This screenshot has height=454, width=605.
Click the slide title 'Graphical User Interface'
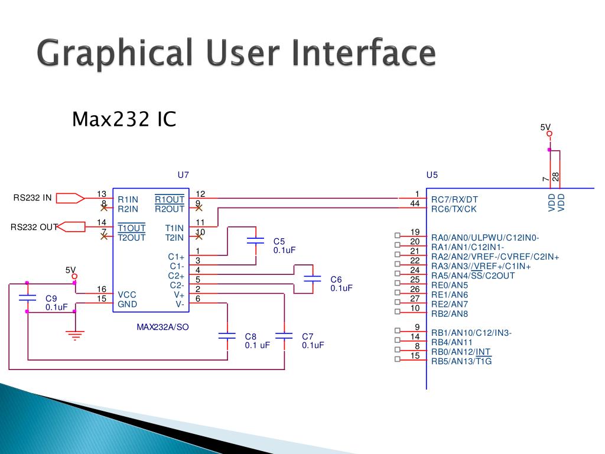point(236,53)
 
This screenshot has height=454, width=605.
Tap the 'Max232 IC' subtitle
point(124,119)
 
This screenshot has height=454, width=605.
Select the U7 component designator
point(183,175)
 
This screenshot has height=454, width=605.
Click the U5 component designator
point(432,175)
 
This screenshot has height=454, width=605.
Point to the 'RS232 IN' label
point(32,197)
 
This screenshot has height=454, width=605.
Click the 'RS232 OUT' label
point(34,227)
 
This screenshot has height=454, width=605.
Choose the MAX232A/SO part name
point(162,326)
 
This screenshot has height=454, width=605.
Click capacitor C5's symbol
point(255,241)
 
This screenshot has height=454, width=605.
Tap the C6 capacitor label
point(336,279)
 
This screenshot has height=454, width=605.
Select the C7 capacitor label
point(307,336)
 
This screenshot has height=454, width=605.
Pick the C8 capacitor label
point(251,336)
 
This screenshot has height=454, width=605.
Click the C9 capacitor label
point(51,299)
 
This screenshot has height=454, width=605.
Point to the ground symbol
point(74,335)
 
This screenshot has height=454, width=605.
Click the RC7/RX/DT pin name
point(454,200)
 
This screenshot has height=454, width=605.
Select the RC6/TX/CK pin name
point(454,209)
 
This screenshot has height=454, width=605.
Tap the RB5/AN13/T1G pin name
point(461,362)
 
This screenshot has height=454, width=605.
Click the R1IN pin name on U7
point(128,200)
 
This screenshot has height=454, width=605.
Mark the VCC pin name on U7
point(127,294)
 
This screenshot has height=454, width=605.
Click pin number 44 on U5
point(415,204)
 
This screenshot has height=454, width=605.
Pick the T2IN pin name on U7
point(174,238)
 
